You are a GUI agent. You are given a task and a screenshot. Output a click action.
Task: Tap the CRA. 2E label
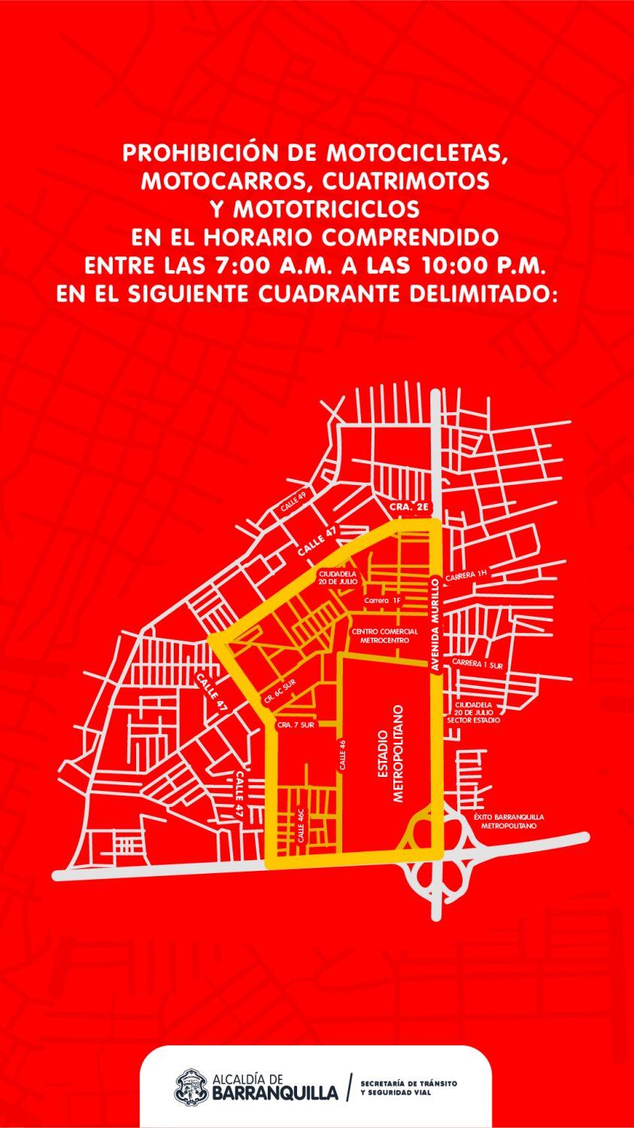(x=409, y=509)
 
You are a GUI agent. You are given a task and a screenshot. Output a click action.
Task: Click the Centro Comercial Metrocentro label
(x=384, y=635)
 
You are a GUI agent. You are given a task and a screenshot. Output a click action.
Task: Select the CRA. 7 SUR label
(x=295, y=725)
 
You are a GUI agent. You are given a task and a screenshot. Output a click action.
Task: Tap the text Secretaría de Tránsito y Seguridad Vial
(x=408, y=1087)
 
